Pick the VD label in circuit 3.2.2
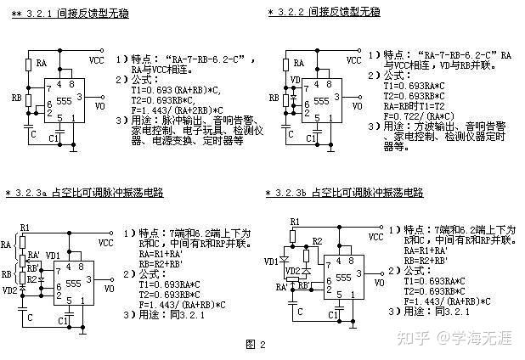(x=296, y=82)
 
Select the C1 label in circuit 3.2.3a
(x=64, y=321)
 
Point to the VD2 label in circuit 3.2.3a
(x=10, y=289)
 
